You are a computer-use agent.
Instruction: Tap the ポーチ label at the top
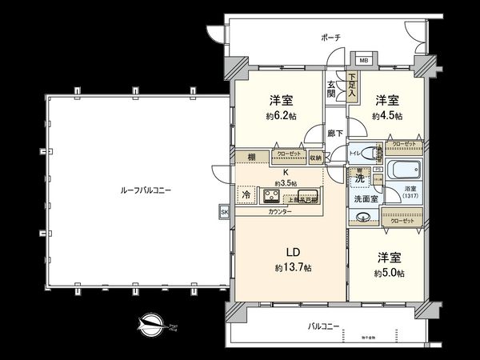coord(331,37)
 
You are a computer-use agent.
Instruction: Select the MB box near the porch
coord(363,60)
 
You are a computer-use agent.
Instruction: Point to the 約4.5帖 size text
coord(387,116)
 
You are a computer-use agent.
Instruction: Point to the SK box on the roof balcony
coord(223,211)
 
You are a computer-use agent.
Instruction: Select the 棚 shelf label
coord(251,157)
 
